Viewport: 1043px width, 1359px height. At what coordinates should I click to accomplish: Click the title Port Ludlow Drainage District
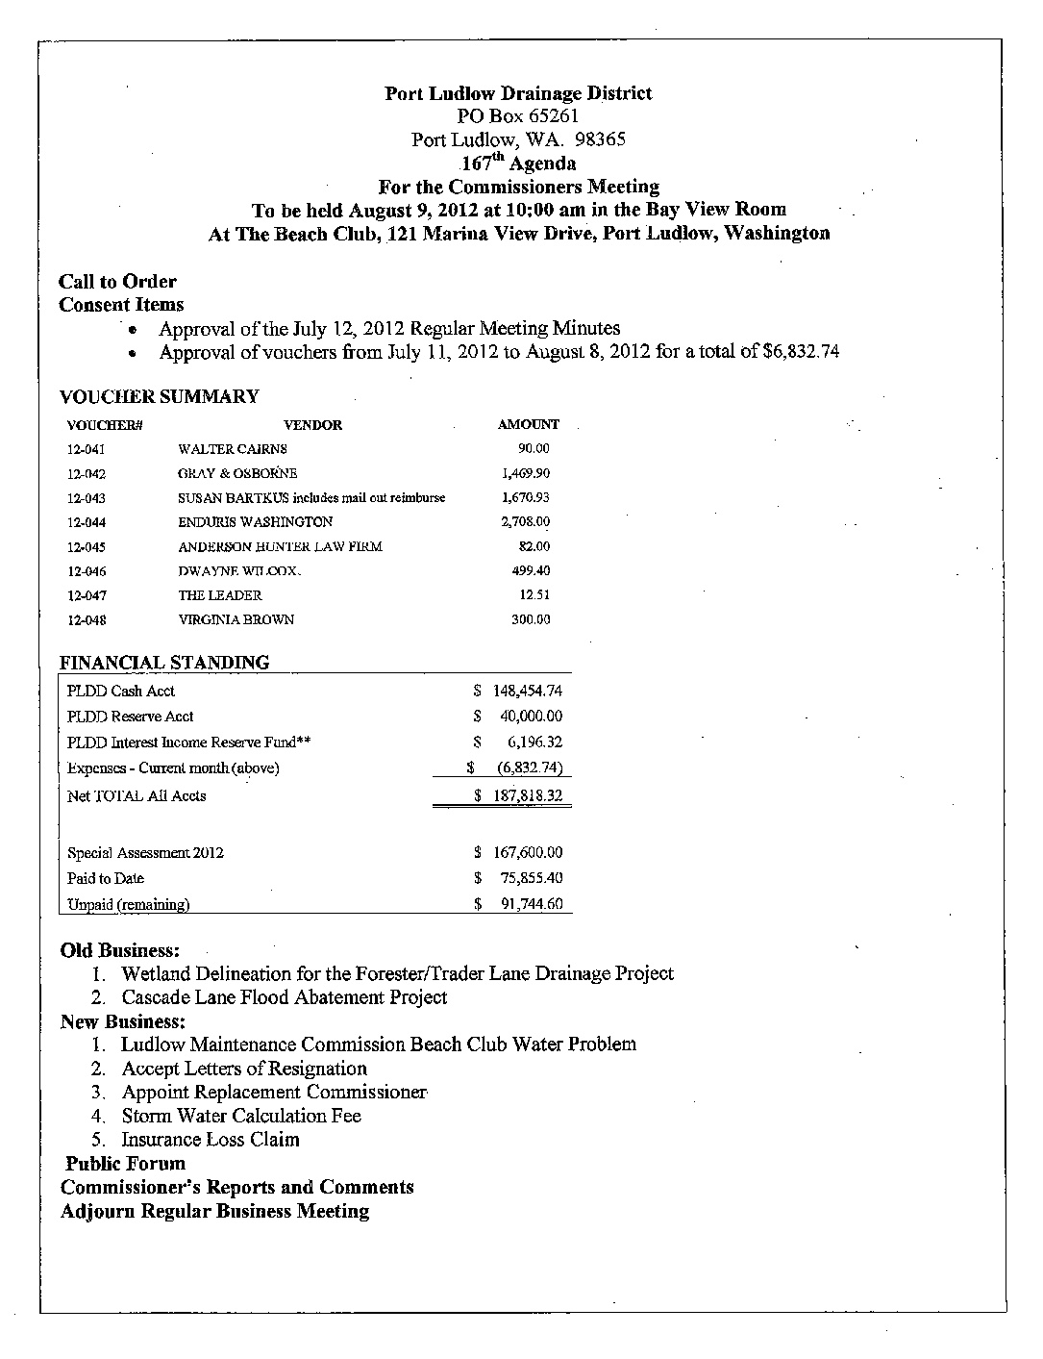[518, 93]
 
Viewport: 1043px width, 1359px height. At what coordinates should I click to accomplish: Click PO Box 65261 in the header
[518, 116]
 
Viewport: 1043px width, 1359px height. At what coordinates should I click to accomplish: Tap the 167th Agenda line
[519, 163]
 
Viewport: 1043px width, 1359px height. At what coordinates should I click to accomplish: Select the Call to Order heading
[117, 282]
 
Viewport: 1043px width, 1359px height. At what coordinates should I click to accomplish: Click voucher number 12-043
[87, 498]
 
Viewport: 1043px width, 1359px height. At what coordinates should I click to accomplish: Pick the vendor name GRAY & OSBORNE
[237, 473]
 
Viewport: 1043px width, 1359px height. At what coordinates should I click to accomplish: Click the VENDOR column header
[312, 424]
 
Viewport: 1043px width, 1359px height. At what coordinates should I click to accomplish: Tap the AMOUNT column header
[528, 424]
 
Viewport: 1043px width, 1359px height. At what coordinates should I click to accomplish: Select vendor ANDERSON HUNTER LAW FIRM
[280, 546]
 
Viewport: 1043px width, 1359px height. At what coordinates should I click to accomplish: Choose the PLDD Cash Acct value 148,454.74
[527, 691]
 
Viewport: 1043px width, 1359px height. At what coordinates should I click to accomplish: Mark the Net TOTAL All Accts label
[137, 796]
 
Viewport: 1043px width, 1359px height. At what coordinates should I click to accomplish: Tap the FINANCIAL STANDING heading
[164, 662]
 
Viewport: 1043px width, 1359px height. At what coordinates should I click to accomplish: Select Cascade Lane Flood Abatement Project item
[284, 997]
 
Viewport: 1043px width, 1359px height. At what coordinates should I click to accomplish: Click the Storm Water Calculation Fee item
[241, 1116]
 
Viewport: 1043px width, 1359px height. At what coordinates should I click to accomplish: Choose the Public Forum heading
[125, 1163]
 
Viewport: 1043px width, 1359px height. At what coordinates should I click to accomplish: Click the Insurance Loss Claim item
[211, 1140]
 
